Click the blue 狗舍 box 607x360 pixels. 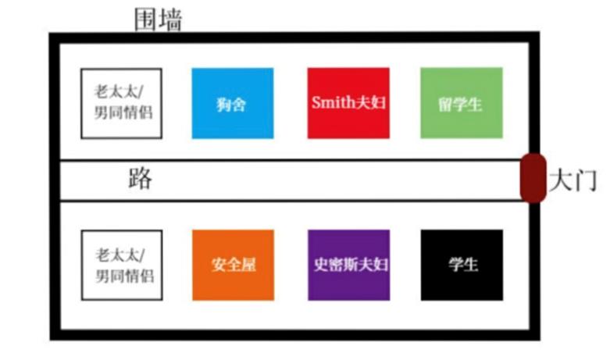[x=233, y=103]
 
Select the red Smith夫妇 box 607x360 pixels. [x=348, y=103]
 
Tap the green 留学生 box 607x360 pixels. [x=462, y=103]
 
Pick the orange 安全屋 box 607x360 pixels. [x=233, y=266]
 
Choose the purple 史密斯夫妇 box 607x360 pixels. [x=348, y=266]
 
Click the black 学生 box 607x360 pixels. [x=462, y=266]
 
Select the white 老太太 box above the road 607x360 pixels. [x=122, y=103]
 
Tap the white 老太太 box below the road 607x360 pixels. [x=122, y=266]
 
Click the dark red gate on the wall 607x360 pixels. [x=533, y=178]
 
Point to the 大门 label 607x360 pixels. [x=573, y=180]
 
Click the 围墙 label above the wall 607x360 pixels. [x=158, y=20]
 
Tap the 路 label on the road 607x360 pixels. [x=140, y=179]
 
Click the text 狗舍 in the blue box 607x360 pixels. [x=231, y=105]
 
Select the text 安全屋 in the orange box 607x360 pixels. [x=234, y=266]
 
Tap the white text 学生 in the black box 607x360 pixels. [x=463, y=265]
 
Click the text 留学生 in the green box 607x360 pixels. [x=460, y=105]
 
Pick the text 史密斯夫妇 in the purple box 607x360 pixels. [x=351, y=265]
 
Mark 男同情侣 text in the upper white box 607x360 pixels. [x=123, y=112]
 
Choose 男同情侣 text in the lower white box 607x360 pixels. [x=125, y=276]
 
